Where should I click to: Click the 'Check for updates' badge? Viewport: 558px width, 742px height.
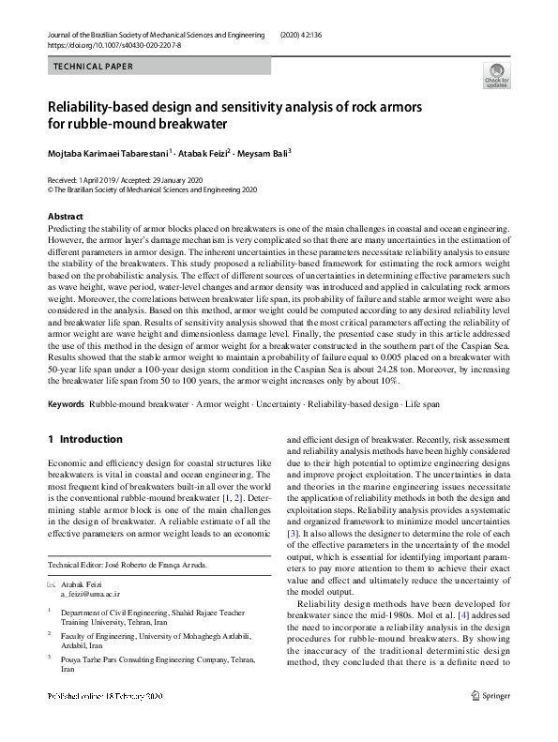(495, 74)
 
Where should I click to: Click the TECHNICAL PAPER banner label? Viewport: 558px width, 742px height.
(94, 67)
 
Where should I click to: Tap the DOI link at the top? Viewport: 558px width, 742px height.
(114, 44)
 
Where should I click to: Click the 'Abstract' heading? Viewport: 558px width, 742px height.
(65, 217)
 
